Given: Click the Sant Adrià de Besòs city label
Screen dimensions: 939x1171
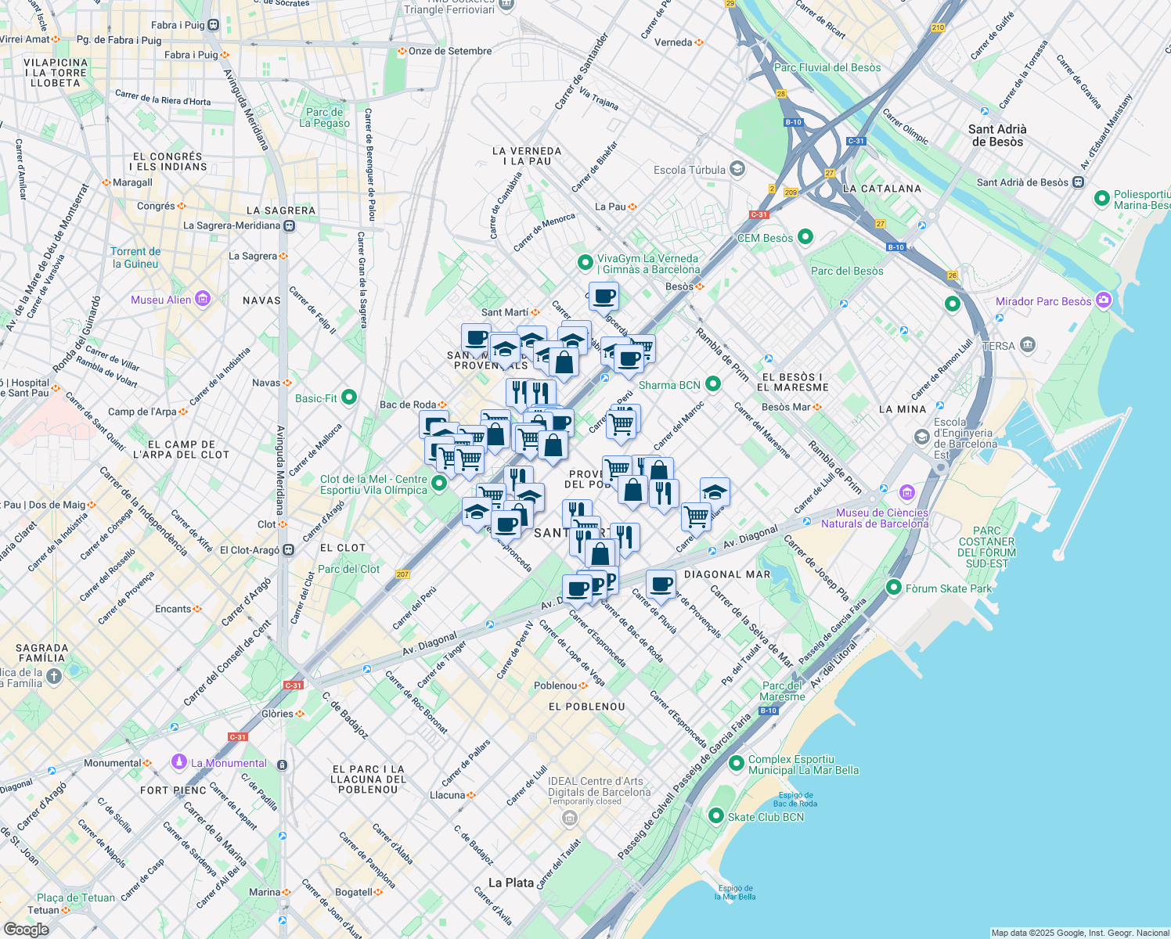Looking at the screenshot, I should click(996, 135).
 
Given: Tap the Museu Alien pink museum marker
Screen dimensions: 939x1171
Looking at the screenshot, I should click(204, 299).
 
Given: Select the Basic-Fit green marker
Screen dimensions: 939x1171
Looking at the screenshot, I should click(349, 398).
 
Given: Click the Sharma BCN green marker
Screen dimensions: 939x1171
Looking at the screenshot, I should click(712, 384).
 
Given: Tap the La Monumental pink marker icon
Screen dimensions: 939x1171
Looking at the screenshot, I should click(179, 762).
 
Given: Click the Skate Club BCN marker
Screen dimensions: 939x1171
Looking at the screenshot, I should click(715, 816).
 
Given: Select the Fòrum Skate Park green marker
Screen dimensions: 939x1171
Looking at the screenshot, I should click(894, 587).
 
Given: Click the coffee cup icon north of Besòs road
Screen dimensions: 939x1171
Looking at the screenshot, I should click(604, 297).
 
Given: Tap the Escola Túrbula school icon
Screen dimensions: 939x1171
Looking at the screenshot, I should click(737, 169).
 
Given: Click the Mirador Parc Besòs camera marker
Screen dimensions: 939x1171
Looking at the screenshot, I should click(1103, 300).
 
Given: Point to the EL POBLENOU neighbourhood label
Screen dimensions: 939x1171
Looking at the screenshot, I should click(587, 707).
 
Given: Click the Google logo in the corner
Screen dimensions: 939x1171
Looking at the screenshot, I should click(26, 929).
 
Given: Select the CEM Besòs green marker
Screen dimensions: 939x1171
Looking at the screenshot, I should click(805, 237).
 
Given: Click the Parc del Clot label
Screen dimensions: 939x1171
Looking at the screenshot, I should click(349, 569).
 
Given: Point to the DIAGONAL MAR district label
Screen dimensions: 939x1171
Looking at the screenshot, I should click(727, 574).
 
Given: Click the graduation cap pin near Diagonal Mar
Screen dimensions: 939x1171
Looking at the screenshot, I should click(714, 492).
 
